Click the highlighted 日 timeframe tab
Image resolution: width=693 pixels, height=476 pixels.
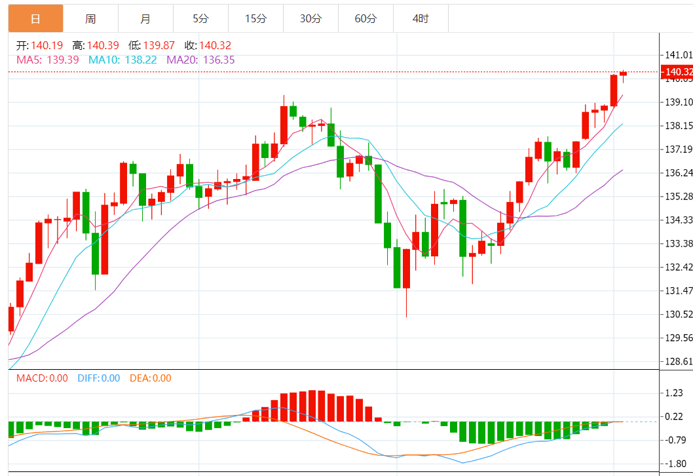point(35,19)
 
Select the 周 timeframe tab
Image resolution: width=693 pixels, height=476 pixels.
point(90,19)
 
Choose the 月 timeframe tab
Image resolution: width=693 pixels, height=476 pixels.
point(145,19)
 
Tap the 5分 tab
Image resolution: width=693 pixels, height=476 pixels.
point(200,19)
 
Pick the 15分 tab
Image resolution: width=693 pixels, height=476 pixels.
point(255,19)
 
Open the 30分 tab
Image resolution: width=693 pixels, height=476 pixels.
point(310,19)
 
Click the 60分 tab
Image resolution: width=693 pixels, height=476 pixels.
point(365,19)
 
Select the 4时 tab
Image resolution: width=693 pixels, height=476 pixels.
point(421,19)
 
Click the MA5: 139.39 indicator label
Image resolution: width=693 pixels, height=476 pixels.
point(47,60)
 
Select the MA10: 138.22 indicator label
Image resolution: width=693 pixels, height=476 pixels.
point(121,60)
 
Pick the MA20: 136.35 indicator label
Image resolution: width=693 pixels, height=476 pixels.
point(200,60)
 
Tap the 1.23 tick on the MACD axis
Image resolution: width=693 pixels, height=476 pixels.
point(674,393)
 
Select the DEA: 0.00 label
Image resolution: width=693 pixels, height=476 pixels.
point(150,378)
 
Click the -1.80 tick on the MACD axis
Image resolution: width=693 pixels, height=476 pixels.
point(673,464)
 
